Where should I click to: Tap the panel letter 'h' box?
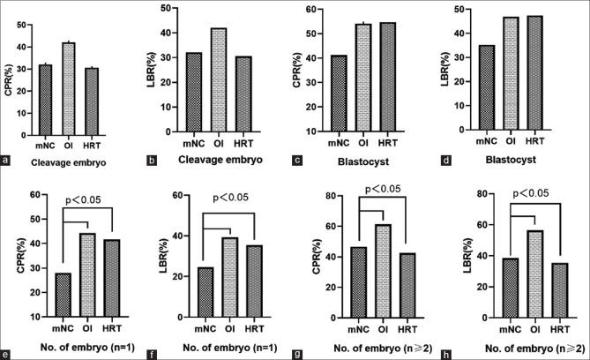click(x=452, y=354)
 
